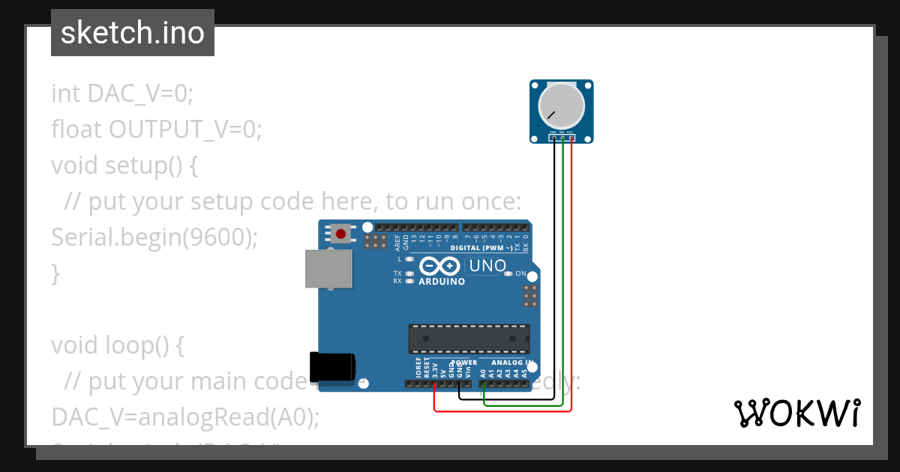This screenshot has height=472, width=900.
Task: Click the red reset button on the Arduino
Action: [341, 234]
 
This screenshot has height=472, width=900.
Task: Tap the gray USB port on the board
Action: [328, 269]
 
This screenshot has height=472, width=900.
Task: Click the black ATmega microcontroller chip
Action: [469, 339]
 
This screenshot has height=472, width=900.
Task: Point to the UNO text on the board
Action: [487, 266]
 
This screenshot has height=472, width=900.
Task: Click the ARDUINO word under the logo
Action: [442, 282]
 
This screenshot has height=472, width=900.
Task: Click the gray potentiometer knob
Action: [562, 106]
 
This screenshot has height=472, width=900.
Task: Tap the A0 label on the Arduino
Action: [484, 371]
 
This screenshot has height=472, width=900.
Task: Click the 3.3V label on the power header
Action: [435, 369]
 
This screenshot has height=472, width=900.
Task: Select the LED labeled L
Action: [409, 258]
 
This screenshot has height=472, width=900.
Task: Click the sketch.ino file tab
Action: [133, 33]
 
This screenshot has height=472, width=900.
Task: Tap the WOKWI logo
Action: [796, 414]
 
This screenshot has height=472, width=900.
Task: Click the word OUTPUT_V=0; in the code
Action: [185, 130]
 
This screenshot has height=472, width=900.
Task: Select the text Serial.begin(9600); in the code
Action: [154, 237]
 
